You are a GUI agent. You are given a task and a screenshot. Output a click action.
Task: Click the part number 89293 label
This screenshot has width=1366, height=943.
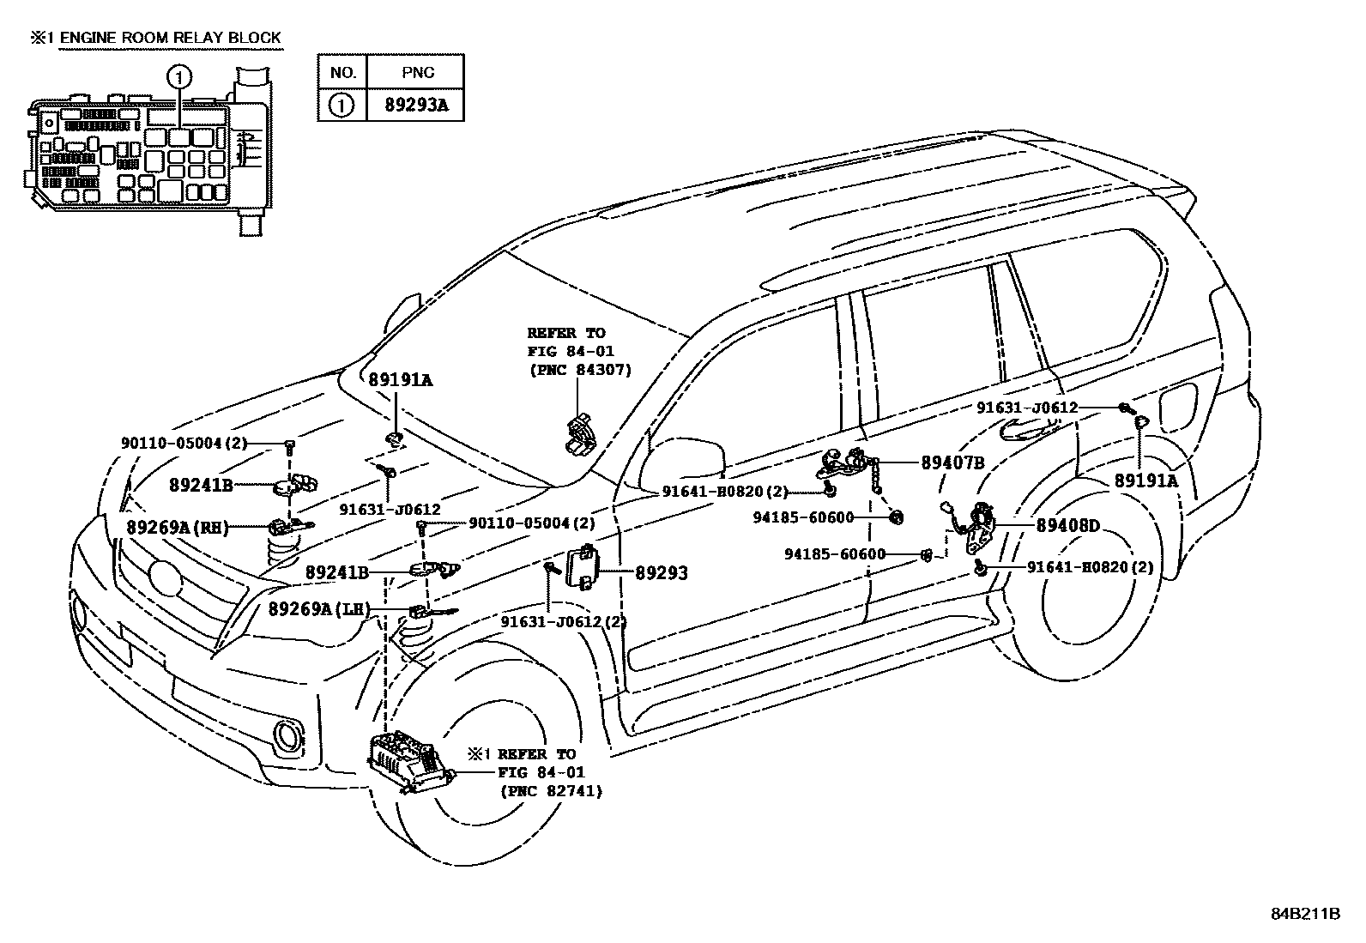[x=661, y=573]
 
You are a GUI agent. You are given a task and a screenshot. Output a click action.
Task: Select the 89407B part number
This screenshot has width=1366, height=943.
[x=952, y=462]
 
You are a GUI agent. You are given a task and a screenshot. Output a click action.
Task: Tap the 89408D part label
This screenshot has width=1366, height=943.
[x=1067, y=525]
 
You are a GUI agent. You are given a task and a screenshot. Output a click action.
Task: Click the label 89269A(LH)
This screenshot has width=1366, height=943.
[x=318, y=609]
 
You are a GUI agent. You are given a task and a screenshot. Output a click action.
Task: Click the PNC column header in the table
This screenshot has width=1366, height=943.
[x=416, y=72]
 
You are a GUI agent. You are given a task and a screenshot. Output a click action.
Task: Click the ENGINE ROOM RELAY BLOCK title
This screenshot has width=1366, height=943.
[x=168, y=37]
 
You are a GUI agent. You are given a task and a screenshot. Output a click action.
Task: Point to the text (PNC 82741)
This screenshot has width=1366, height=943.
[x=550, y=791]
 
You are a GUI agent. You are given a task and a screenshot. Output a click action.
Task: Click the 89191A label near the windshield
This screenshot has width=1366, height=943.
[x=401, y=379]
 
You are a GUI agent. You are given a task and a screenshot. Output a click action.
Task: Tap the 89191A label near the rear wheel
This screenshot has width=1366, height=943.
[x=1145, y=481]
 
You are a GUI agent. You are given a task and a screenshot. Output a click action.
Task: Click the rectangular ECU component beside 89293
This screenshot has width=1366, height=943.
[x=585, y=566]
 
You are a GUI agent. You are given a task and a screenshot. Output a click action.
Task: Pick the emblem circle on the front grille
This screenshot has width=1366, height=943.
[x=164, y=577]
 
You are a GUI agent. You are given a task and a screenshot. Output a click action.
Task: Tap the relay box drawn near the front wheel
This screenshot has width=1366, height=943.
[x=410, y=760]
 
